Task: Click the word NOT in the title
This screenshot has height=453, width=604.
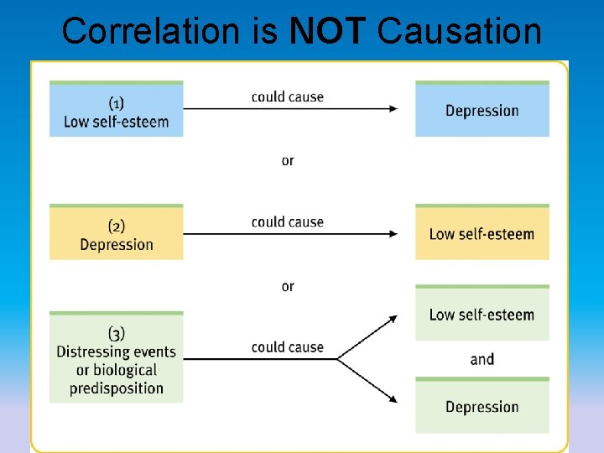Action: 327,31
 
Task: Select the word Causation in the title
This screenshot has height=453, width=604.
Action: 460,31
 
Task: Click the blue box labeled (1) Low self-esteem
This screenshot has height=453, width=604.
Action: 116,111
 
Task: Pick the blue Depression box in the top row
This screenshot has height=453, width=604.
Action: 482,111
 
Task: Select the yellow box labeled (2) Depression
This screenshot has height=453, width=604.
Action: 116,234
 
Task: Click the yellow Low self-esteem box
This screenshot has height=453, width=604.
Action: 482,234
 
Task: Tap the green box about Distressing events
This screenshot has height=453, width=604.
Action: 116,359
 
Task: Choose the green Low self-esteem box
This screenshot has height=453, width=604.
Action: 482,315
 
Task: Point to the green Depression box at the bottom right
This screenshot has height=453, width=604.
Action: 482,407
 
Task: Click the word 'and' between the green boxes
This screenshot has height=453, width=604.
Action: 482,360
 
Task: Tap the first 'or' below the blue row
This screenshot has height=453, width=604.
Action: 288,160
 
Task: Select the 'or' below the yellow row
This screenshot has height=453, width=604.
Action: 288,286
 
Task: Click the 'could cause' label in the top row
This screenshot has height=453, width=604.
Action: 288,96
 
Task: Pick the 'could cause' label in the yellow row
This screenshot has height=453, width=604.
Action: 288,221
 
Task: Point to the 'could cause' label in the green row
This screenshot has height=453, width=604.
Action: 288,346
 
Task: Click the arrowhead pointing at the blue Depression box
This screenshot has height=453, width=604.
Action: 393,109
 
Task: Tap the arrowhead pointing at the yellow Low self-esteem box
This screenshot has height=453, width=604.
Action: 393,234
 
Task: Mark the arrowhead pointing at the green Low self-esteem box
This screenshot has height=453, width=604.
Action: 393,319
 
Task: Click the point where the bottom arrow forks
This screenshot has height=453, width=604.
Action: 337,359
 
